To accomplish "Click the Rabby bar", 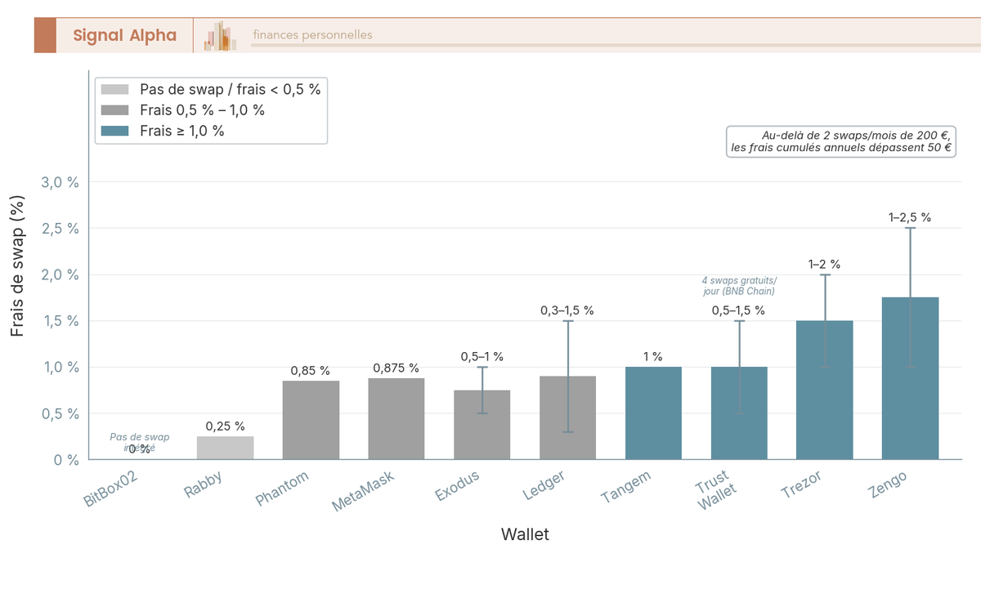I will click(225, 448).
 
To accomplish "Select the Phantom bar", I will click(311, 420).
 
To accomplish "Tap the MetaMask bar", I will click(396, 419).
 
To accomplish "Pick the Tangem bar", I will click(653, 413).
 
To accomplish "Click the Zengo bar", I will click(910, 378).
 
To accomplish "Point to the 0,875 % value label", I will click(396, 368).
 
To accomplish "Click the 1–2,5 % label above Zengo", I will click(910, 217).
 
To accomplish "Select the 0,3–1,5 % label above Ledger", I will click(567, 310).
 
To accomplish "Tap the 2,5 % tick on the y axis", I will click(61, 229).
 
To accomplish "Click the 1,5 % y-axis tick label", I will click(61, 321).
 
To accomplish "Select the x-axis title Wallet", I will click(525, 535).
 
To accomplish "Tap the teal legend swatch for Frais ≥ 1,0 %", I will click(114, 130).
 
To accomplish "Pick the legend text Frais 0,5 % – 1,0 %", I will click(202, 109).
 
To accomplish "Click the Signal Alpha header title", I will click(124, 35).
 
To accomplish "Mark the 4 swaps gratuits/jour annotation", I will click(739, 285).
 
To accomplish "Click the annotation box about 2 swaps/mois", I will click(841, 141).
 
